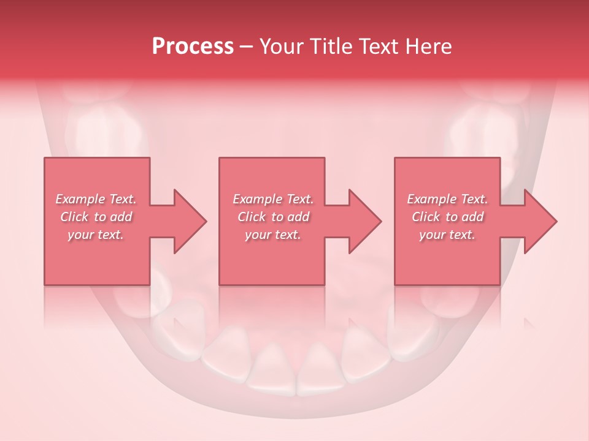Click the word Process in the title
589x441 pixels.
(193, 47)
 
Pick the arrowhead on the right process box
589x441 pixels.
(539, 221)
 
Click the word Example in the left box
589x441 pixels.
(80, 199)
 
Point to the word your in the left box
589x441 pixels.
(80, 235)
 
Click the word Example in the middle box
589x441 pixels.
(257, 199)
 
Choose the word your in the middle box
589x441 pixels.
(257, 235)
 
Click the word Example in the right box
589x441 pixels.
(431, 199)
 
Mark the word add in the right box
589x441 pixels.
(472, 217)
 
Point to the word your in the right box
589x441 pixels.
(432, 235)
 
